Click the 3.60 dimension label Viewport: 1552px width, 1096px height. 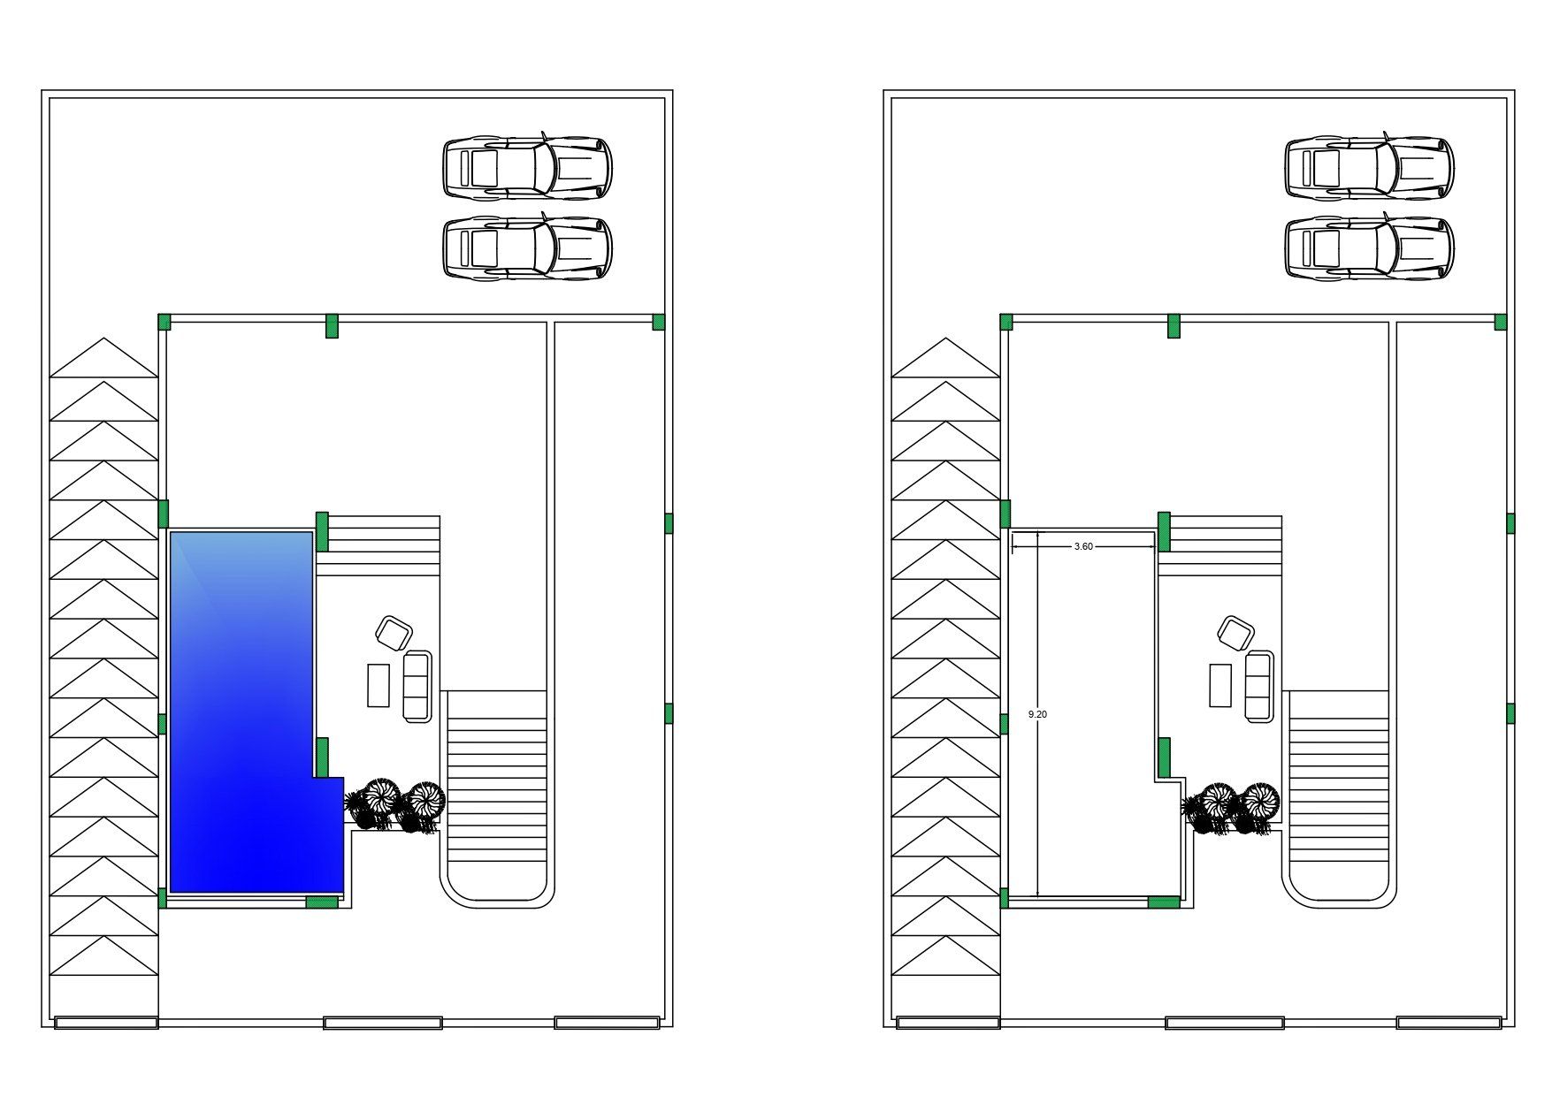pos(1083,546)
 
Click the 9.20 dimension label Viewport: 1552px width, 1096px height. pos(1038,714)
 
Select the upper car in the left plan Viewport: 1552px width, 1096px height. pos(527,166)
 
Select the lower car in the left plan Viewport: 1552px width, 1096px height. pos(527,248)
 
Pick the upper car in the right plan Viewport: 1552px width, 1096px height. pos(1369,166)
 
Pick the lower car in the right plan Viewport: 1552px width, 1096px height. pos(1369,248)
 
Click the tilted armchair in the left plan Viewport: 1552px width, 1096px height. pos(394,631)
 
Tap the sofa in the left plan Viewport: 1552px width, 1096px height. pos(417,686)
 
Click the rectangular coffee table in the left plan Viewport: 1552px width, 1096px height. pos(378,685)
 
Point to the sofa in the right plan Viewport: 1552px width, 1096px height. pos(1259,686)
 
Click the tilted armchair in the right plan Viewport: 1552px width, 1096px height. pos(1235,631)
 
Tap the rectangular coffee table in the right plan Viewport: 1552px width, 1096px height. pos(1220,685)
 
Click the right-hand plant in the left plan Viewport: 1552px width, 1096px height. pos(423,804)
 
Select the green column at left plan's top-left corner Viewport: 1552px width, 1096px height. pos(164,322)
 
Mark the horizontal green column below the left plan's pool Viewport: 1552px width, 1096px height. pos(322,902)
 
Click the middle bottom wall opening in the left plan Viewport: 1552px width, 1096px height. pos(383,1023)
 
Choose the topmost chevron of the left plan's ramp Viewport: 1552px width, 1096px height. pos(104,358)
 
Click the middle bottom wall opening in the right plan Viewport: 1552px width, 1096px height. pos(1225,1023)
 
